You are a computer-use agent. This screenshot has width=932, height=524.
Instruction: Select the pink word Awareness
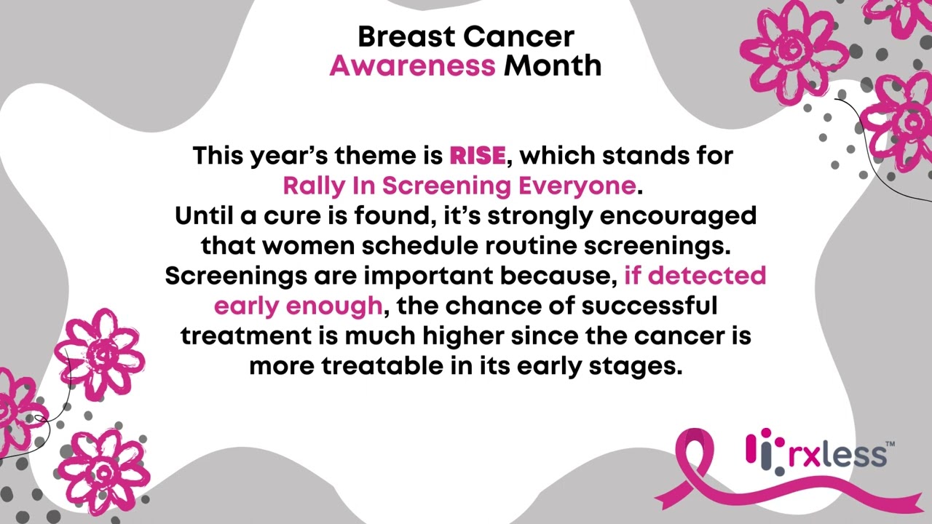(412, 66)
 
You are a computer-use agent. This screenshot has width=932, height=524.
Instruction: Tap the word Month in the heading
(553, 66)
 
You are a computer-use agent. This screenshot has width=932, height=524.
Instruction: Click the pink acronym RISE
(477, 156)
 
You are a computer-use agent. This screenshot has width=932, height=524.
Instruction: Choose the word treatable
(382, 366)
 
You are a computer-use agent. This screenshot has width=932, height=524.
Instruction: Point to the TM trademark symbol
(890, 443)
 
